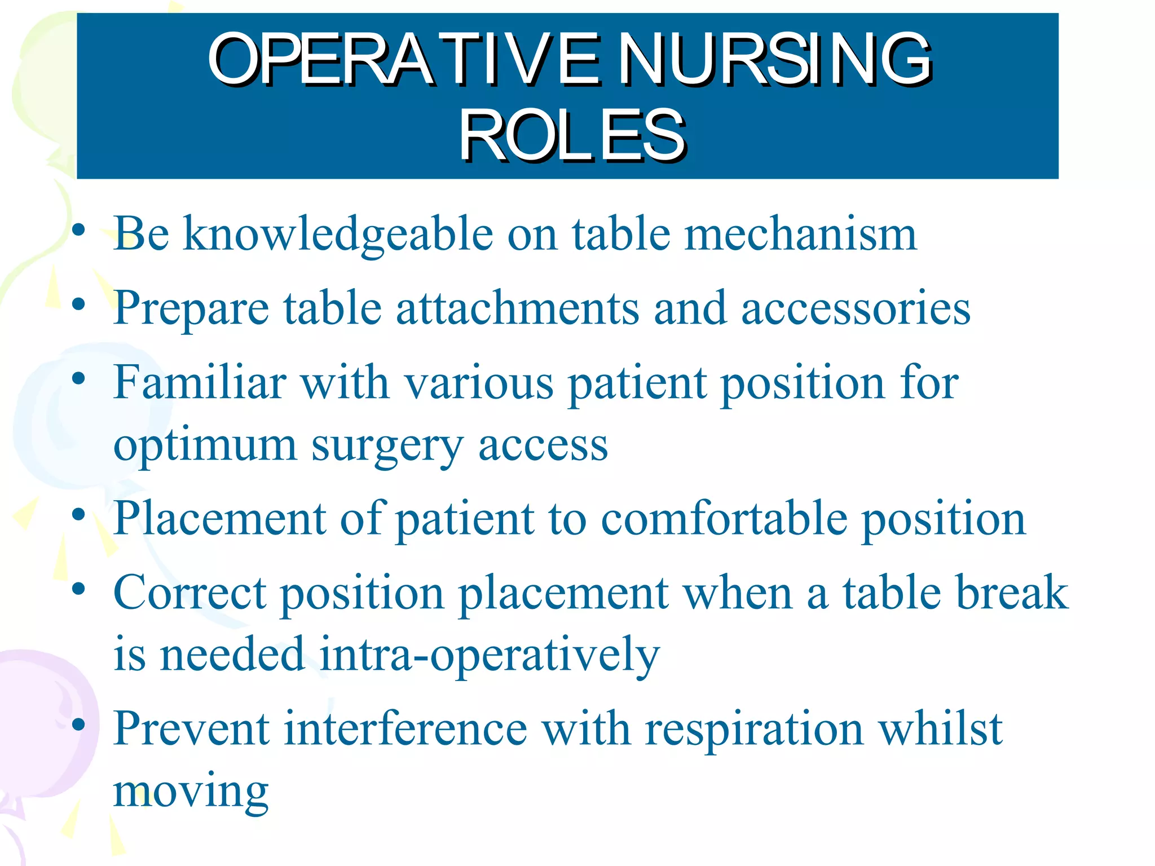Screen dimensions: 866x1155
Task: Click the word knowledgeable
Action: point(338,234)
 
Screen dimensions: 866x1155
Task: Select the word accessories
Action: point(856,309)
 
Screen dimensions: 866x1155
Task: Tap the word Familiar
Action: point(200,382)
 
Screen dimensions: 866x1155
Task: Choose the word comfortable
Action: point(724,519)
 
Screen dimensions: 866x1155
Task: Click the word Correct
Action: point(189,593)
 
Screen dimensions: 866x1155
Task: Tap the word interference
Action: point(405,728)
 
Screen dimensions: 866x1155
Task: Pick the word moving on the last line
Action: point(191,792)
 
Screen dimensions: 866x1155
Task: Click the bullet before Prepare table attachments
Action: point(78,305)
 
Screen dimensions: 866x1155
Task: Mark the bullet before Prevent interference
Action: point(78,724)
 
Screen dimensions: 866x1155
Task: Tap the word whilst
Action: point(941,728)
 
